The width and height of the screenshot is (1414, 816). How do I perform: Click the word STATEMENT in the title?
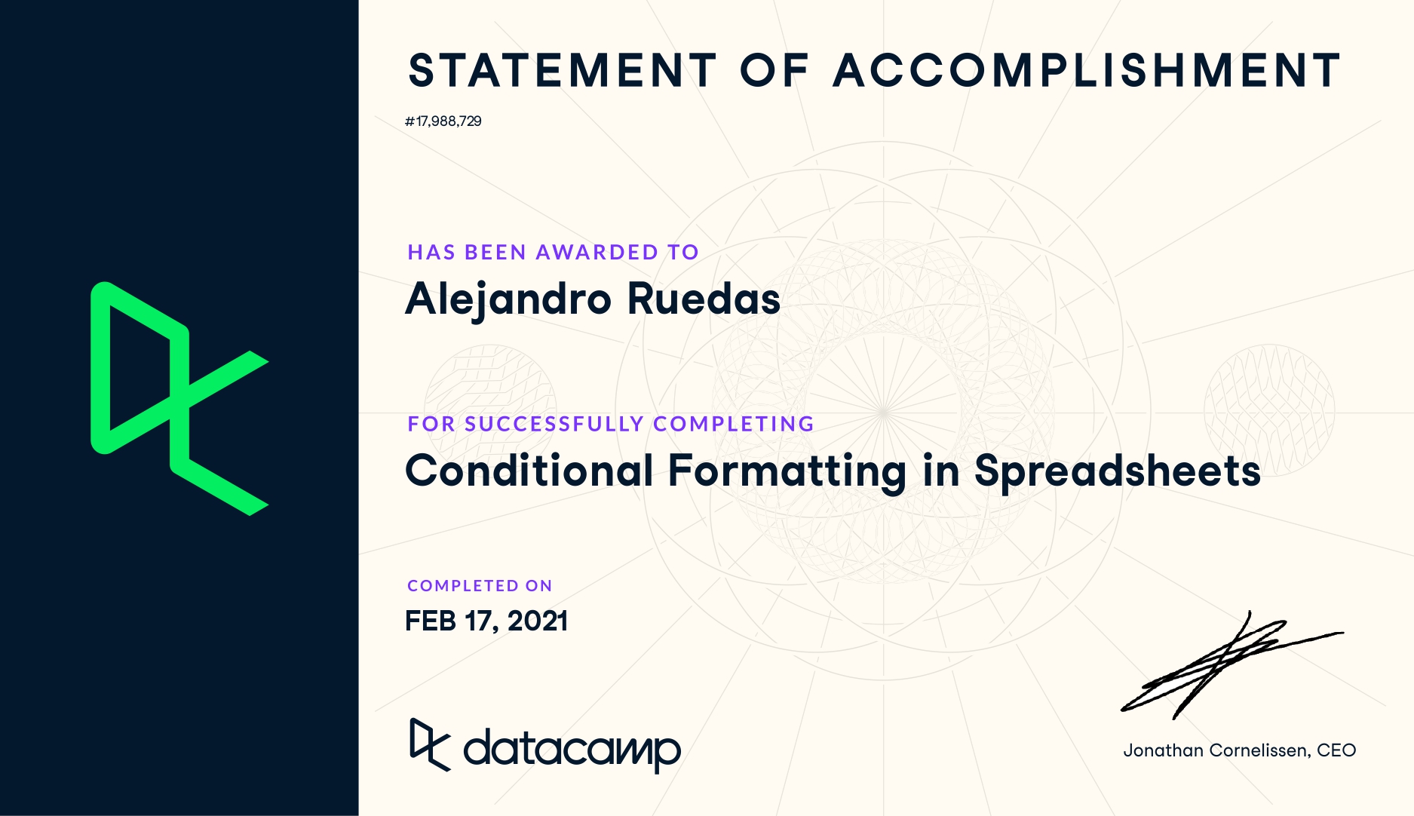562,70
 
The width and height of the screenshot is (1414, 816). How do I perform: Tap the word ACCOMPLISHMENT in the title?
1087,70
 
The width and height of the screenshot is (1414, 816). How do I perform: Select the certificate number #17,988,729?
443,121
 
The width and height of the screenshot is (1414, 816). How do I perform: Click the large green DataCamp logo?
179,398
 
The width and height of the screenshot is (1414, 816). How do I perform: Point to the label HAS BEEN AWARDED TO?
554,252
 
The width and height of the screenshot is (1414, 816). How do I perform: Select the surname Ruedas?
704,299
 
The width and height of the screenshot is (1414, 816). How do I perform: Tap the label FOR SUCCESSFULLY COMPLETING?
611,424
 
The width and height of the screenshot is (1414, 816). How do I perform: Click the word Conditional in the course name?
529,471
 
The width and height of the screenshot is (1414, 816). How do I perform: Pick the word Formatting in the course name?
787,472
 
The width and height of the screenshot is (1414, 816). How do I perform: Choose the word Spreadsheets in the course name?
1118,472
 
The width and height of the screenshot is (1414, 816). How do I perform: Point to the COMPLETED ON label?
480,586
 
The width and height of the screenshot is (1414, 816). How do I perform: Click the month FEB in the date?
431,621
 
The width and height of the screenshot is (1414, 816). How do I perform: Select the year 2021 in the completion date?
538,621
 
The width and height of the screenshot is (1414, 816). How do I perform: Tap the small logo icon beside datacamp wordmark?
430,744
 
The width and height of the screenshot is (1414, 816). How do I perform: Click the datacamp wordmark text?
572,748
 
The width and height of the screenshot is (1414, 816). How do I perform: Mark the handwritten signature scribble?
1231,664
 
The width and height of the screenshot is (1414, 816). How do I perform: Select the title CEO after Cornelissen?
1336,750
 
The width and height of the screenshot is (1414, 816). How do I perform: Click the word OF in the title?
774,70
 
